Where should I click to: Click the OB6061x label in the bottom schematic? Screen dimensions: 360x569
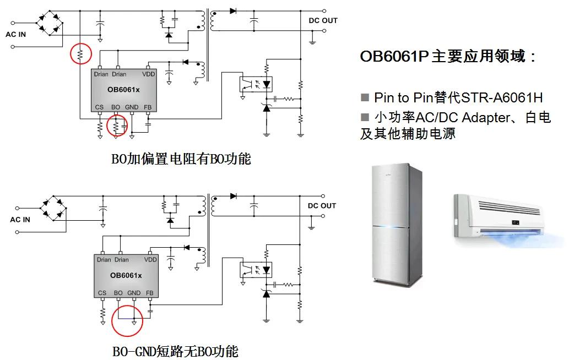pyautogui.click(x=126, y=275)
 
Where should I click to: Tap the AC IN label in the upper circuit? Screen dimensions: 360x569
pyautogui.click(x=15, y=34)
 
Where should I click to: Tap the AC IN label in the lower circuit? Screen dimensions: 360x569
pyautogui.click(x=20, y=220)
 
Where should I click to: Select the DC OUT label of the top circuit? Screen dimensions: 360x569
pyautogui.click(x=323, y=20)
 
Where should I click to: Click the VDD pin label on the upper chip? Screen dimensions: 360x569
pyautogui.click(x=149, y=74)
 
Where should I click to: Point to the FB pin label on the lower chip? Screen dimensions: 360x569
pyautogui.click(x=150, y=293)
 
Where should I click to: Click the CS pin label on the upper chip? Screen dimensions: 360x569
pyautogui.click(x=99, y=107)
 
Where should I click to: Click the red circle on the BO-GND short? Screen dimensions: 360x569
pyautogui.click(x=127, y=320)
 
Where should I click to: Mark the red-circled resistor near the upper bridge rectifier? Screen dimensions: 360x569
pyautogui.click(x=80, y=54)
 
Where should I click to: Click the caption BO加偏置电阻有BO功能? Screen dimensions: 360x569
pyautogui.click(x=181, y=160)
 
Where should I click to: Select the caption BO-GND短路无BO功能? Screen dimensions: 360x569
pyautogui.click(x=175, y=351)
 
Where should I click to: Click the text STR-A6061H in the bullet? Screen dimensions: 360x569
pyautogui.click(x=501, y=98)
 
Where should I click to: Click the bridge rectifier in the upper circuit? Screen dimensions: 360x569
pyautogui.click(x=49, y=23)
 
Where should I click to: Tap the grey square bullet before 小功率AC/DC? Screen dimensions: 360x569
pyautogui.click(x=365, y=117)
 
